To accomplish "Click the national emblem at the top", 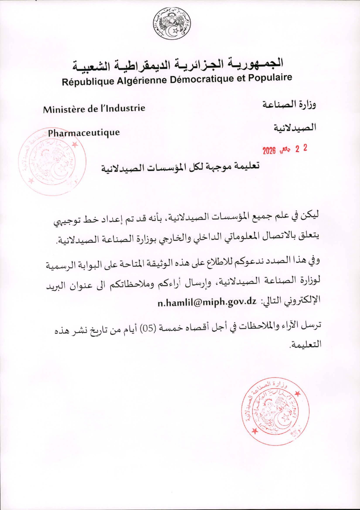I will [172, 24].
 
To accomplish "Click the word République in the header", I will [88, 81].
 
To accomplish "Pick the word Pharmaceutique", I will [84, 133].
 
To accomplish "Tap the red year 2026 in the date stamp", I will [269, 151].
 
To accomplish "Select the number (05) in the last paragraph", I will [147, 329].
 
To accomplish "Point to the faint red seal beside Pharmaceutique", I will [52, 161].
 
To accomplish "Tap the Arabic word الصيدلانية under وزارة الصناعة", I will [295, 127].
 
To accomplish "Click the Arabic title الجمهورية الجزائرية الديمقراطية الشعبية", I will [178, 65].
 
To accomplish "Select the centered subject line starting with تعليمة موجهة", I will [180, 167].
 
